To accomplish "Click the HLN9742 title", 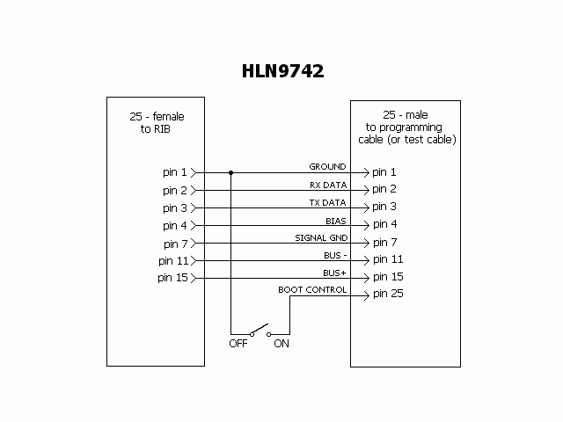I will pos(282,71).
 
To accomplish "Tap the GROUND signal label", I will pos(327,166).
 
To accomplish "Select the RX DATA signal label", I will pos(327,185).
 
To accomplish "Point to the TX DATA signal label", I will pos(327,202).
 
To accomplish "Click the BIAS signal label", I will pos(335,220).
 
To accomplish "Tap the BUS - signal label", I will pos(335,255).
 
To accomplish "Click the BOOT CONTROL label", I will pos(312,289).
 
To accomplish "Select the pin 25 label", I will pos(388,294).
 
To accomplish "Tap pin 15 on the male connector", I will pos(388,277).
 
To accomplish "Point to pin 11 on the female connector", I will pos(172,260).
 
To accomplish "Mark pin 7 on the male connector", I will pos(384,242).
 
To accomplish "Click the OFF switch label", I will pos(238,344).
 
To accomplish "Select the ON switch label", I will pos(281,344).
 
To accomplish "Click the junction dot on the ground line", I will pos(230,172).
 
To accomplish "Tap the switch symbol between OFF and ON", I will pos(259,332).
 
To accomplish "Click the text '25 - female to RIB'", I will pos(156,122).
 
